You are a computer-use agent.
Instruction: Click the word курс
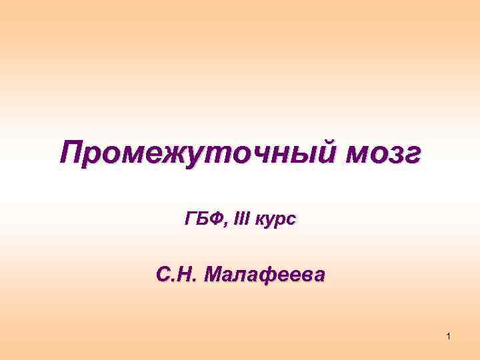[x=274, y=219]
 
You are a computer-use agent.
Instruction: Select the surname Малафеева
[x=265, y=273]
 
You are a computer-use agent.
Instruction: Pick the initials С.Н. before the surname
[x=175, y=273]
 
